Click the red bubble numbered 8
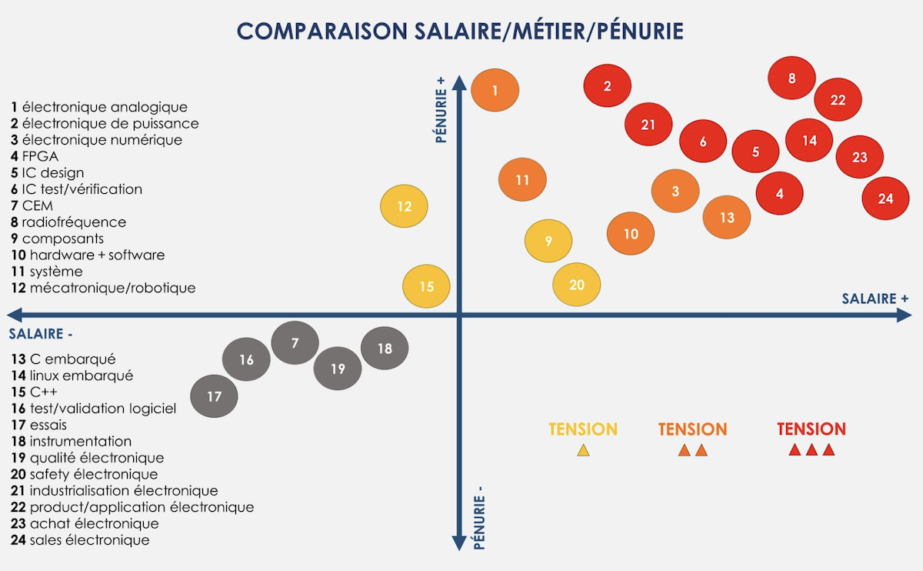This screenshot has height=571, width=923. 792,78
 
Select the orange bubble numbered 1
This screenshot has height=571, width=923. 495,91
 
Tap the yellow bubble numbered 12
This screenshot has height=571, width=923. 405,206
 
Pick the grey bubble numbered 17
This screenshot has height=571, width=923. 214,397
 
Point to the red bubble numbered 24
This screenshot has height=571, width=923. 885,199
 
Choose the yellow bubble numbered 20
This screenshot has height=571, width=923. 577,285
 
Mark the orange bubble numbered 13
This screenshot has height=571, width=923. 727,218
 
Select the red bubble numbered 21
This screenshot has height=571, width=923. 648,125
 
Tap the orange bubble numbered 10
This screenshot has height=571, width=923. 631,234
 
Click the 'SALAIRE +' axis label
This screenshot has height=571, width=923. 875,299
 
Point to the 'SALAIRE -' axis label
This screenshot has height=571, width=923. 41,334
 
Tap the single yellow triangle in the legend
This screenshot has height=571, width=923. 583,450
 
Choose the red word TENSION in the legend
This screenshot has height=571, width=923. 811,429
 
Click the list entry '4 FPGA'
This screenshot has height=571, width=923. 35,156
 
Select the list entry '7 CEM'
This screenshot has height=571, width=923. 32,205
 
